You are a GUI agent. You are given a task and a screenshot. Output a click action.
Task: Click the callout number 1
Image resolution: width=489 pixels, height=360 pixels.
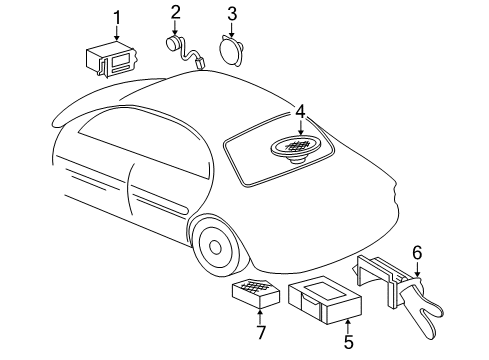click(117, 17)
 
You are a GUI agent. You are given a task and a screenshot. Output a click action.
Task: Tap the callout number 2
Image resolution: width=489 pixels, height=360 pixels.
click(175, 13)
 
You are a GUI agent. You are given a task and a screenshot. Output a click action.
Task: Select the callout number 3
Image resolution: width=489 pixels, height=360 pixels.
click(231, 14)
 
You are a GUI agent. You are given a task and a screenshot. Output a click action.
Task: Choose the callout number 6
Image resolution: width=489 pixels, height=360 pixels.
click(417, 253)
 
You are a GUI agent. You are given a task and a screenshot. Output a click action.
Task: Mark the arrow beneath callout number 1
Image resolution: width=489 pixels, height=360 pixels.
click(117, 32)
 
